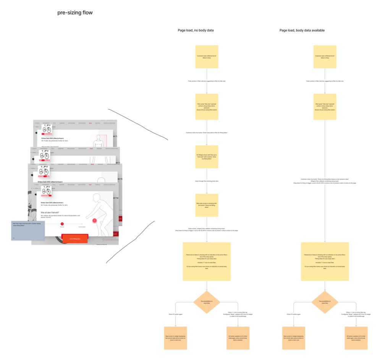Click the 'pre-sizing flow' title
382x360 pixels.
coord(75,13)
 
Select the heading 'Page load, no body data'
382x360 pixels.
coord(196,30)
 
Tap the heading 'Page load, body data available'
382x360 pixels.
coord(302,30)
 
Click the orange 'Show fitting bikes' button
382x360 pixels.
coord(75,239)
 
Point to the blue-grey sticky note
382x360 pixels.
coord(28,230)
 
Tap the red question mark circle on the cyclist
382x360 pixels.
coord(95,221)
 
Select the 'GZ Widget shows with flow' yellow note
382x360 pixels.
coord(207,157)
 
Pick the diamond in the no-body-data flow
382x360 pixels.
coord(207,302)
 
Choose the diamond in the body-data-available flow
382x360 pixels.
coord(325,302)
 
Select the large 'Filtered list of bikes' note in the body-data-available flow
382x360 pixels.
coord(325,261)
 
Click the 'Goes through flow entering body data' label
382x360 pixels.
coord(207,181)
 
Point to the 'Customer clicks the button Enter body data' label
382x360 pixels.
coord(207,132)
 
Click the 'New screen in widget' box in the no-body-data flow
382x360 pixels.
coord(175,338)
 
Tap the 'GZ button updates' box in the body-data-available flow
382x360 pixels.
coord(356,338)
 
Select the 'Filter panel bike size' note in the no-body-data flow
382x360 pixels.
coord(207,107)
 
